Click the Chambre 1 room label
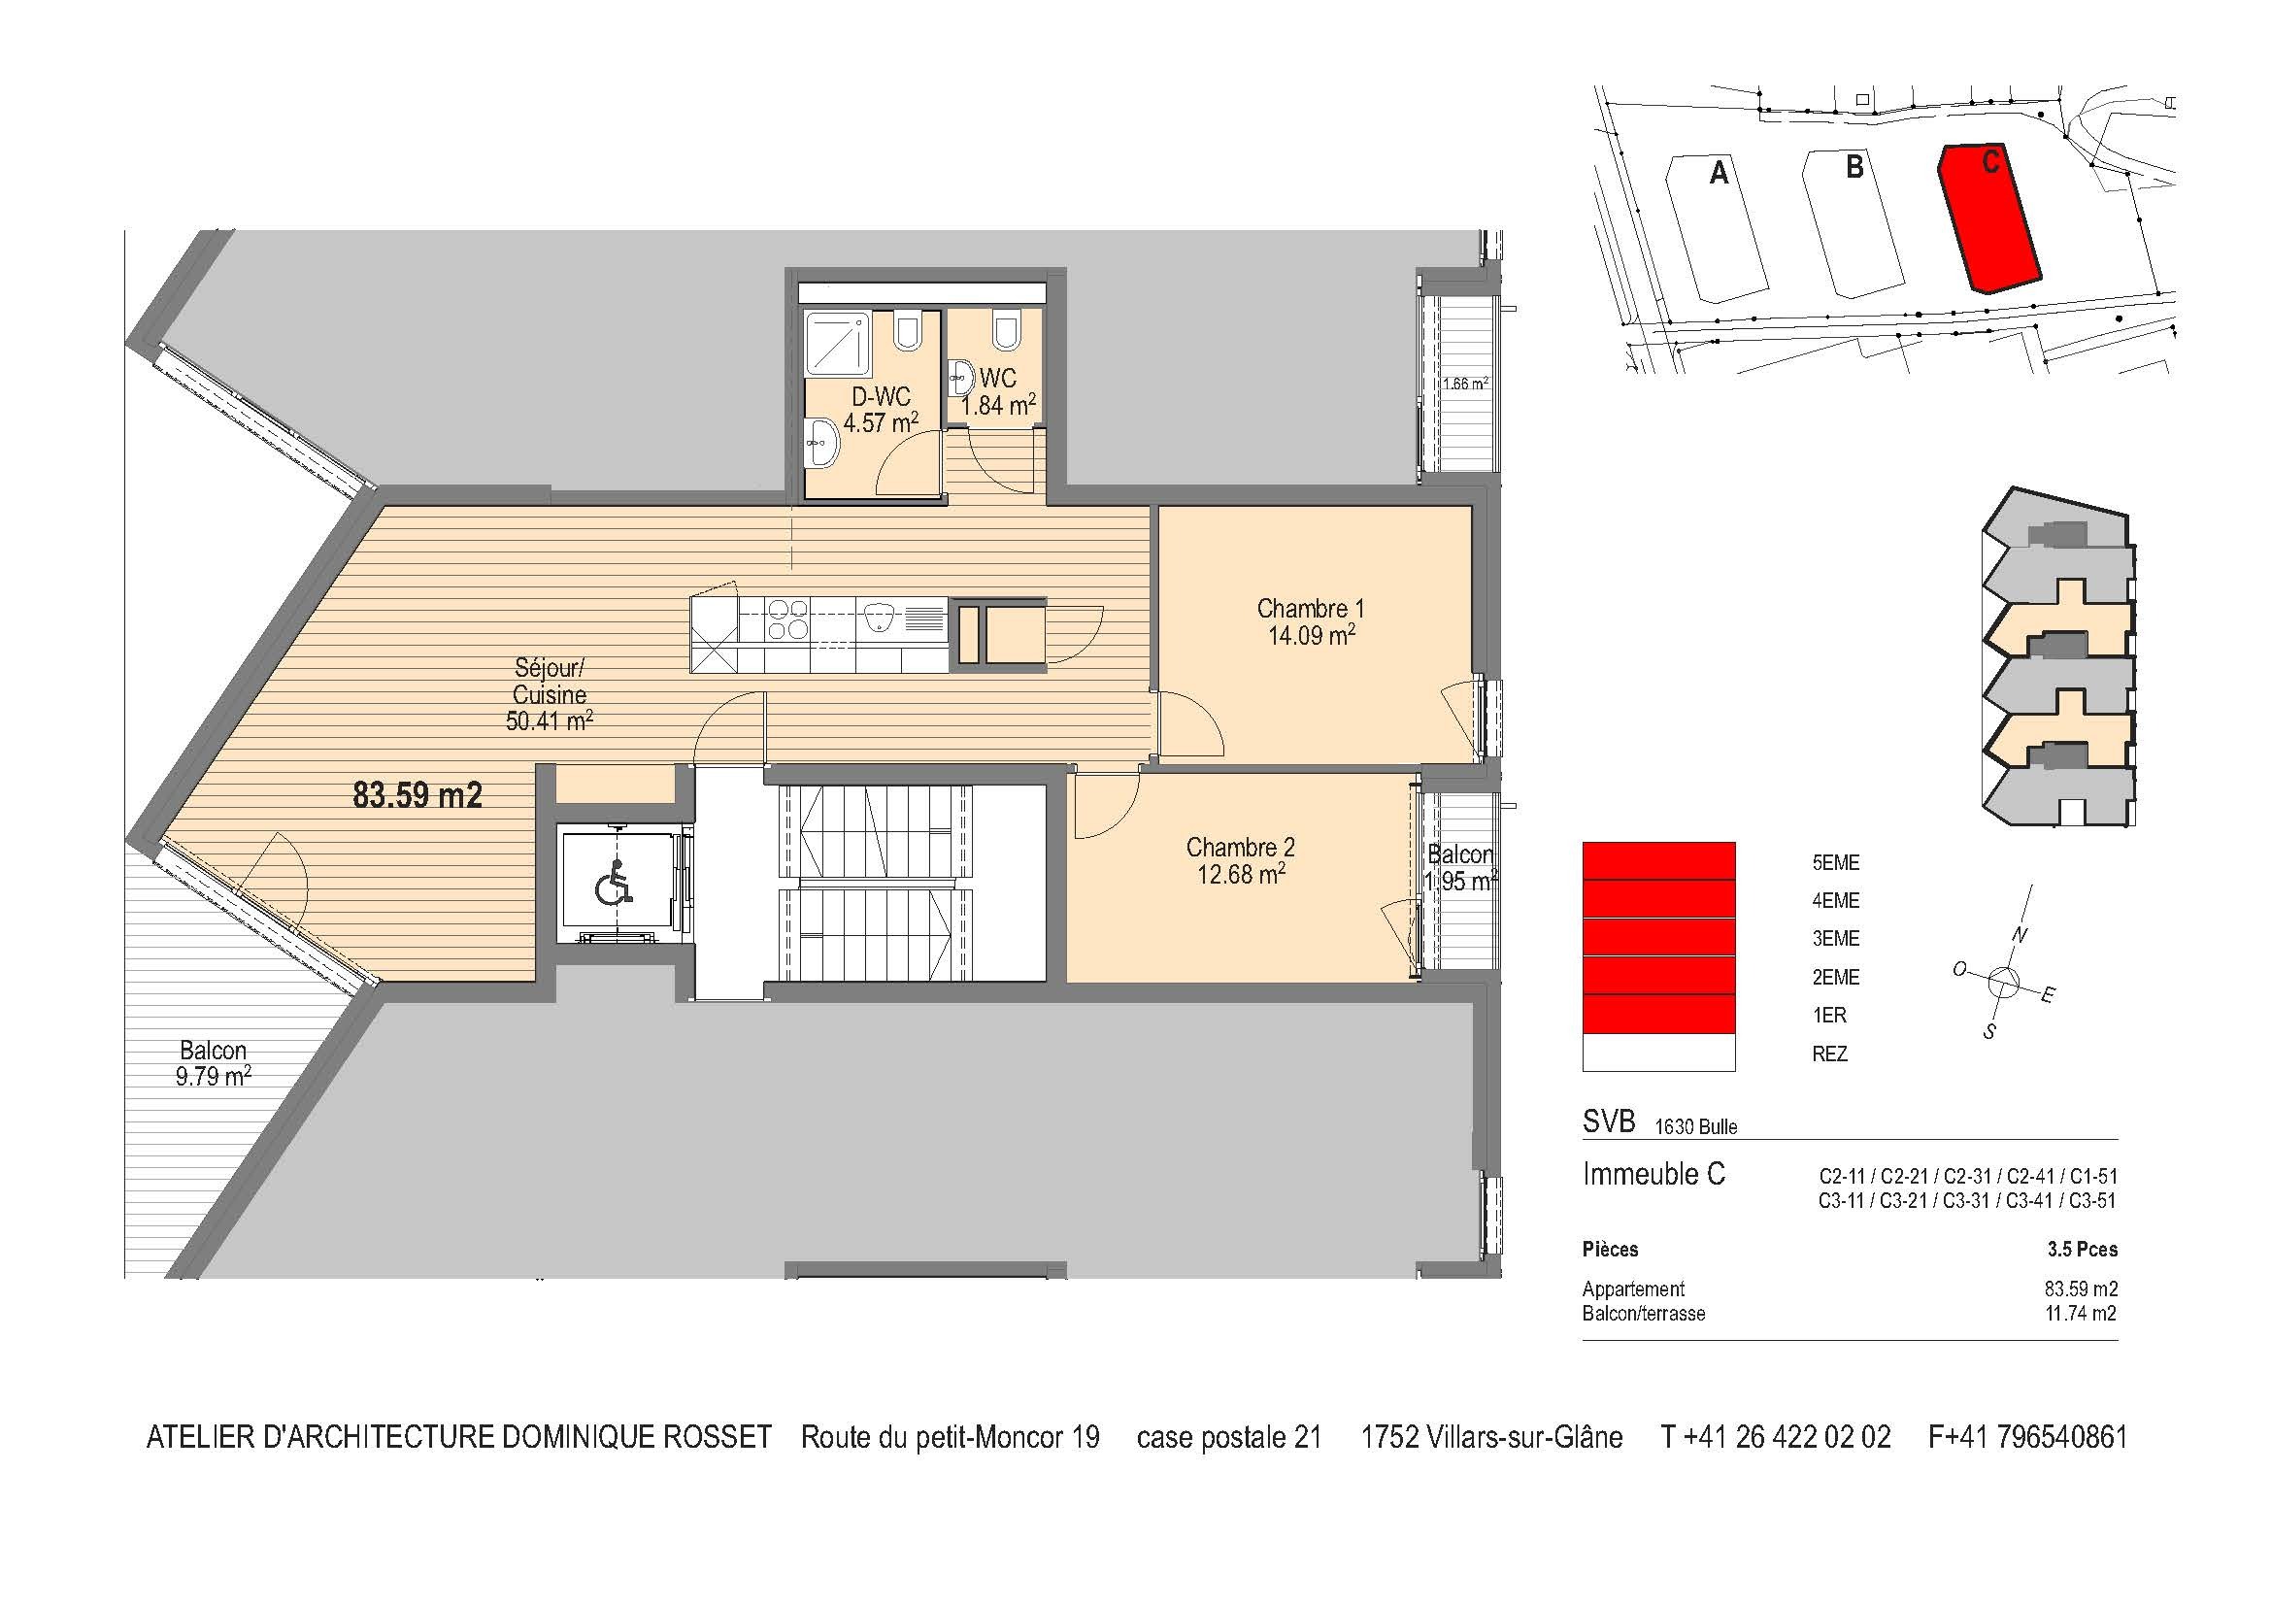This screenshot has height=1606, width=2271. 1310,608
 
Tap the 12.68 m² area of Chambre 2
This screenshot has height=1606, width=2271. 1240,874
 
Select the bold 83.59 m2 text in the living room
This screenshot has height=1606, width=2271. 417,795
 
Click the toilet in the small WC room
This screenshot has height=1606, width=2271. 1006,330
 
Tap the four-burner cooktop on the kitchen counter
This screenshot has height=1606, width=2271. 788,619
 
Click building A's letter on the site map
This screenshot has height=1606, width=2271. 1720,174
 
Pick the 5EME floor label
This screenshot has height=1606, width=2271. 1835,863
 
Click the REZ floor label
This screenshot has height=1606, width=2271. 1829,1054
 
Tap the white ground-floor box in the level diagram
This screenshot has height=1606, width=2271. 1658,1054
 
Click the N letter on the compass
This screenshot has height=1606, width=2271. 2019,934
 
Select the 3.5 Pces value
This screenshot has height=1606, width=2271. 2081,1250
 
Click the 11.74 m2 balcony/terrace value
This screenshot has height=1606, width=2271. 2080,1315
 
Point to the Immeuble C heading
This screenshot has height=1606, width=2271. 1653,1175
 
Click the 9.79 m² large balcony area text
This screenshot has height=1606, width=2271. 213,1077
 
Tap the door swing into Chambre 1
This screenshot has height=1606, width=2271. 1192,727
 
